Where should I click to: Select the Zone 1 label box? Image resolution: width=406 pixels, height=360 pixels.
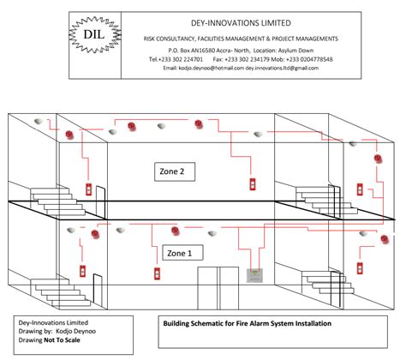coord(178,252)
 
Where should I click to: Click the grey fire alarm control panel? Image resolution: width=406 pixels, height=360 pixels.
coord(254,274)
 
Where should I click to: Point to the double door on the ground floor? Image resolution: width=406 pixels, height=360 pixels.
coord(218,286)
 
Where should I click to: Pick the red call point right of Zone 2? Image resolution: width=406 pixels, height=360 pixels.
coord(252,184)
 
